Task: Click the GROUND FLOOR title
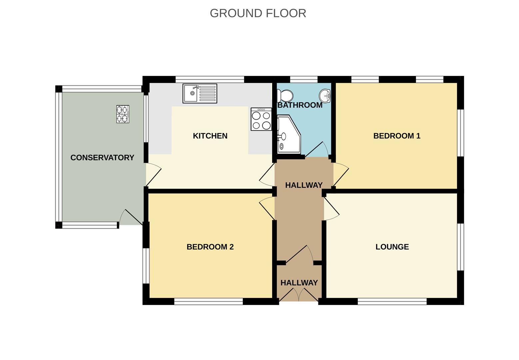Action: [x=258, y=13]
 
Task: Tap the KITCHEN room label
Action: [x=210, y=136]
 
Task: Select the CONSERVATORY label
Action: [x=102, y=158]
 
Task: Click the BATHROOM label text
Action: [x=300, y=105]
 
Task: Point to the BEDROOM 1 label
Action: [x=396, y=136]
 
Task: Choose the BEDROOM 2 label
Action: [x=210, y=247]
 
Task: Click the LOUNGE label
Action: [x=392, y=247]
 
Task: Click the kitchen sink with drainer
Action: [x=200, y=93]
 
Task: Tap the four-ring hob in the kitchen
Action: [x=261, y=119]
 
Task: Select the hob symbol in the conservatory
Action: [x=123, y=114]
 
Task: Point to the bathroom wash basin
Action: [x=325, y=96]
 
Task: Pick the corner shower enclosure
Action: [x=288, y=134]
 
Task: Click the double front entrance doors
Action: [x=299, y=295]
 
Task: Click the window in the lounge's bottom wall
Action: [x=392, y=302]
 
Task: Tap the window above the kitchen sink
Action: [x=210, y=79]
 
